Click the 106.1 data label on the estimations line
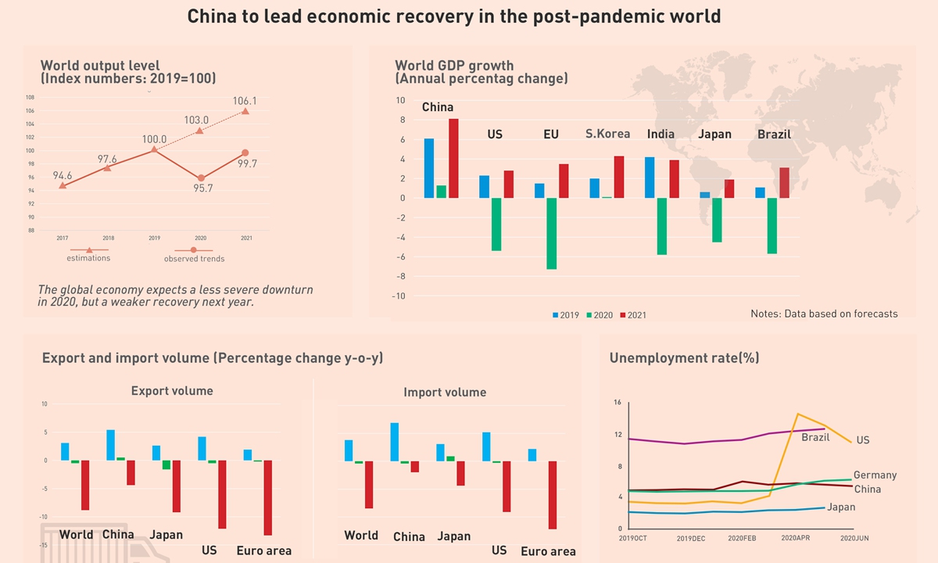click(x=245, y=101)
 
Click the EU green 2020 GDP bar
click(x=551, y=233)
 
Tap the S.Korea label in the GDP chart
click(x=607, y=134)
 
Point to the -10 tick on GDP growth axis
click(x=399, y=296)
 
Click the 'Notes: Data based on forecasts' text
click(x=824, y=314)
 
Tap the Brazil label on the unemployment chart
click(x=815, y=438)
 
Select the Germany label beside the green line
click(x=875, y=475)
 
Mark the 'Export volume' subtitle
click(x=172, y=391)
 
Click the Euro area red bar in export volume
click(x=268, y=497)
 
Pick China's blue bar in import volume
click(x=394, y=442)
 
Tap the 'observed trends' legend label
click(x=194, y=259)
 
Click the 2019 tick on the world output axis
click(x=154, y=238)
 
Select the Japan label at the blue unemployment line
click(x=840, y=507)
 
